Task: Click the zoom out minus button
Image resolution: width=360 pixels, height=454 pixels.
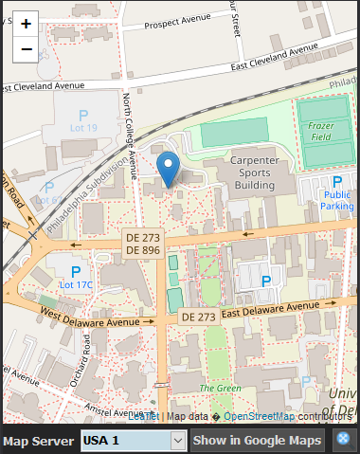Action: coord(26,49)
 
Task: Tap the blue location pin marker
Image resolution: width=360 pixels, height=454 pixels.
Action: coord(169,168)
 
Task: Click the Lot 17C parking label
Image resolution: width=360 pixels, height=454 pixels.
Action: coord(76,283)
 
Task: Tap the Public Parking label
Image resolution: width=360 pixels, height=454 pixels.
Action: coord(336,199)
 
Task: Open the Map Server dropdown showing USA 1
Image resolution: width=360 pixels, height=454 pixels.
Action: coord(132,440)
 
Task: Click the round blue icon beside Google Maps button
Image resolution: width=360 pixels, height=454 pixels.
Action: coord(344,440)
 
